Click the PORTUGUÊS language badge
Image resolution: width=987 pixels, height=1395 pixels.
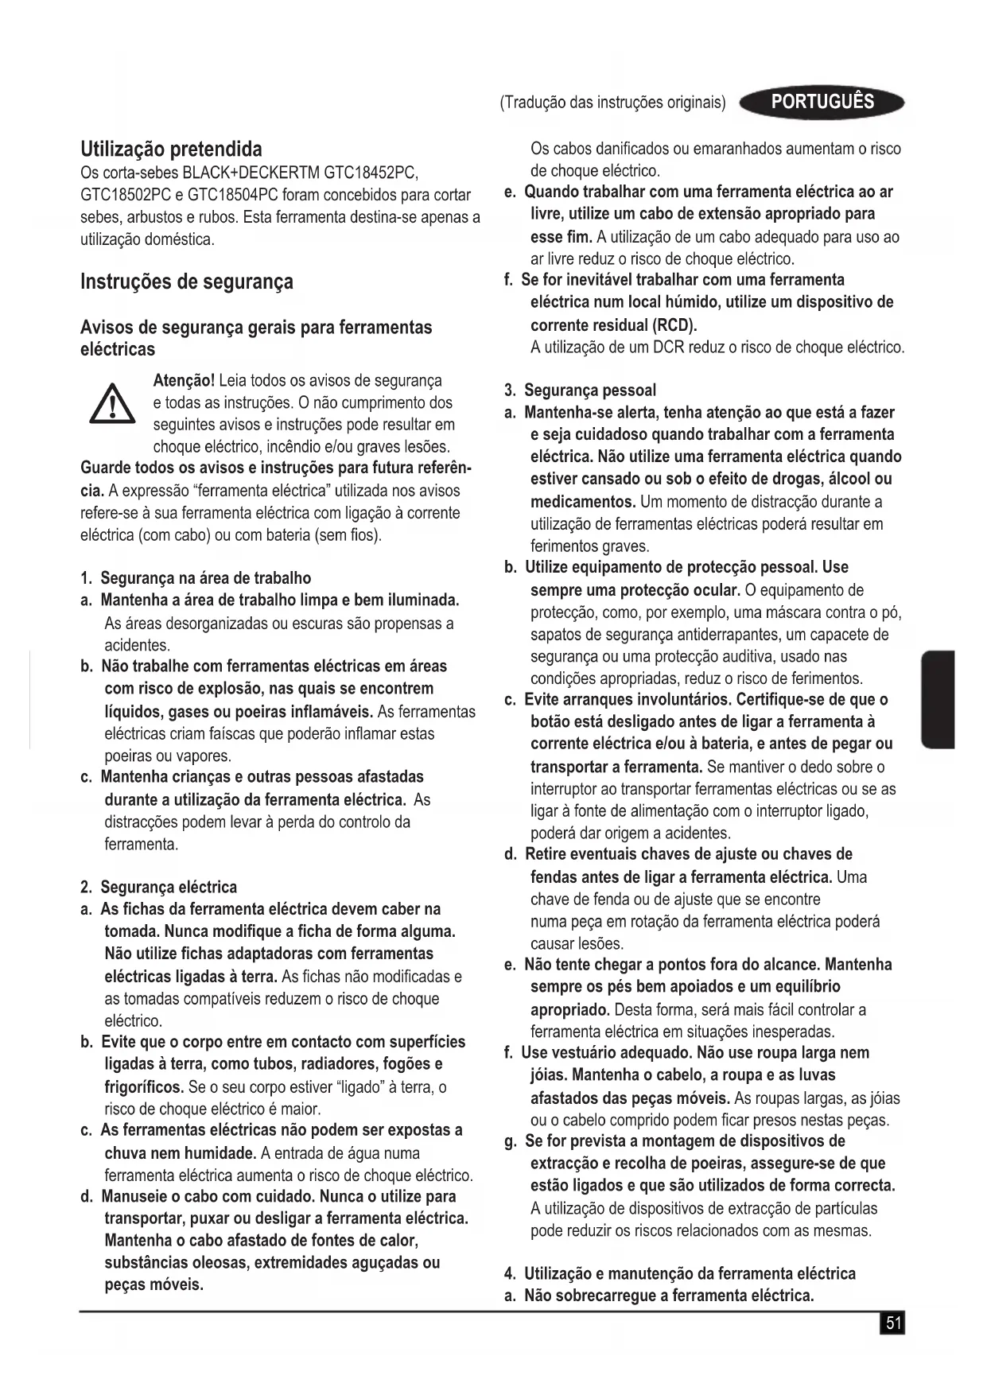pyautogui.click(x=822, y=102)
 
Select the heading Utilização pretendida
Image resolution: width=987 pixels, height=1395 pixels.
pyautogui.click(x=171, y=149)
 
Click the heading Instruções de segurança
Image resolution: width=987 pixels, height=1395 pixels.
pyautogui.click(x=187, y=282)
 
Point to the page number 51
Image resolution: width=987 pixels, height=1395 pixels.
pyautogui.click(x=893, y=1323)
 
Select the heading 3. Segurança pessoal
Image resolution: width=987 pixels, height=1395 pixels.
pyautogui.click(x=581, y=391)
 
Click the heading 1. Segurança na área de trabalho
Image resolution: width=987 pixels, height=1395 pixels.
pyautogui.click(x=196, y=578)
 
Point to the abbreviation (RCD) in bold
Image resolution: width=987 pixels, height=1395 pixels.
pyautogui.click(x=674, y=325)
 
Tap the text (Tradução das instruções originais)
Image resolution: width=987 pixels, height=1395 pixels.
pyautogui.click(x=612, y=103)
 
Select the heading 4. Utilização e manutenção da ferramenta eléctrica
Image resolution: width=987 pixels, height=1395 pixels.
pyautogui.click(x=681, y=1273)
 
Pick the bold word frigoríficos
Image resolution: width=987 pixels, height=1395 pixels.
pyautogui.click(x=144, y=1086)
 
